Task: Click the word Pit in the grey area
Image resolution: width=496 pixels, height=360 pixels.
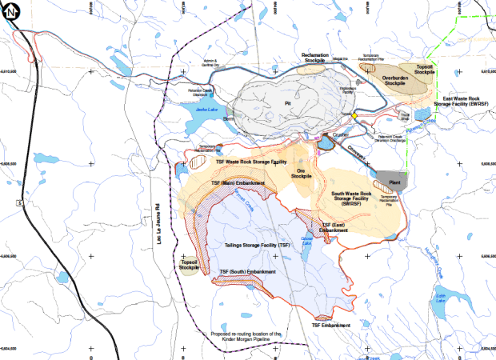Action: click(286, 102)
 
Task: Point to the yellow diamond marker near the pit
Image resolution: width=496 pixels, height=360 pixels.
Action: click(354, 115)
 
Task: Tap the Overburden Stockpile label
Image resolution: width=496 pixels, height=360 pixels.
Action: click(394, 80)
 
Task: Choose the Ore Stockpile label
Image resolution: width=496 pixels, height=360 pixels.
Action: click(301, 174)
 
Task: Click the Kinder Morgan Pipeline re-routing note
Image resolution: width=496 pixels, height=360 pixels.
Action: click(246, 337)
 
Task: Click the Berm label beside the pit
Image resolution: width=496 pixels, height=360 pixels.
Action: click(228, 118)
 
